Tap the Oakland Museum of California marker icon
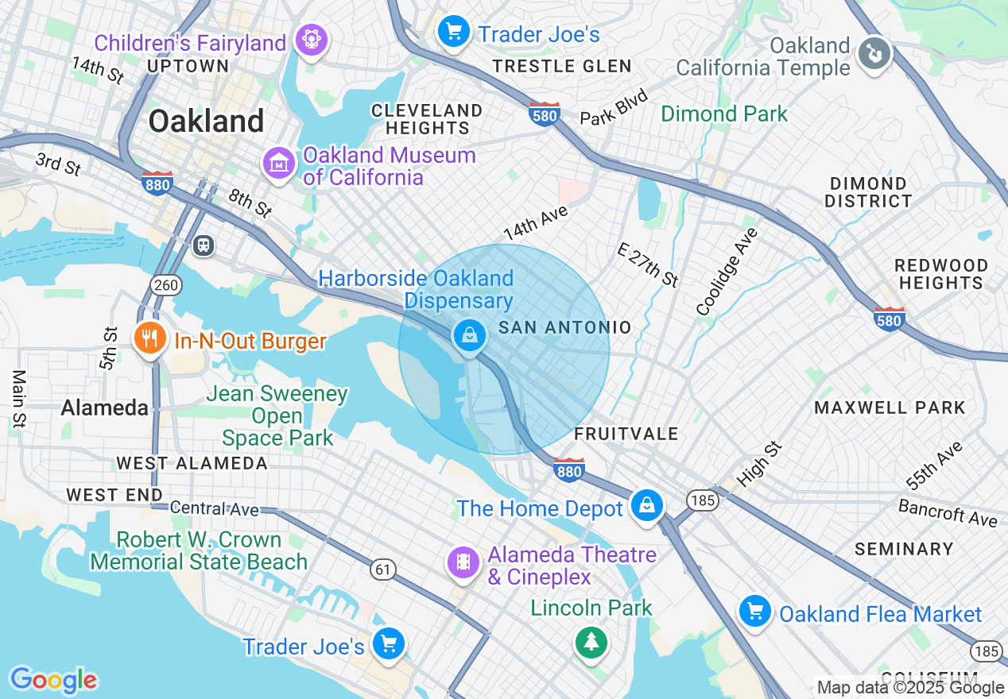coord(279,164)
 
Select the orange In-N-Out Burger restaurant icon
coord(149,339)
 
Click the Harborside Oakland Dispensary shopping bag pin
coord(471,336)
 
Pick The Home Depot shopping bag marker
coord(647,505)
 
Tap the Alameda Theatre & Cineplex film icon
coord(463,562)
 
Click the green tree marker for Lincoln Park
coord(590,641)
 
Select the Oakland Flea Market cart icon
coord(755,612)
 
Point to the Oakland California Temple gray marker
coord(874,55)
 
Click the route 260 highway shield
coord(168,285)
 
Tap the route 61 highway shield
coord(383,568)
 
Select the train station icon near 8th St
coord(204,245)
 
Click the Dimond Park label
coord(724,114)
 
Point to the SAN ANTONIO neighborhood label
coord(564,328)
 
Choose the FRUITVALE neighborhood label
coord(626,434)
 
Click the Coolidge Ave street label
coord(727,272)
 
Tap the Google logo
coord(54,680)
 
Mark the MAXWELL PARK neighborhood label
coord(889,407)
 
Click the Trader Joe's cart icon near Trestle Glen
coord(454,32)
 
